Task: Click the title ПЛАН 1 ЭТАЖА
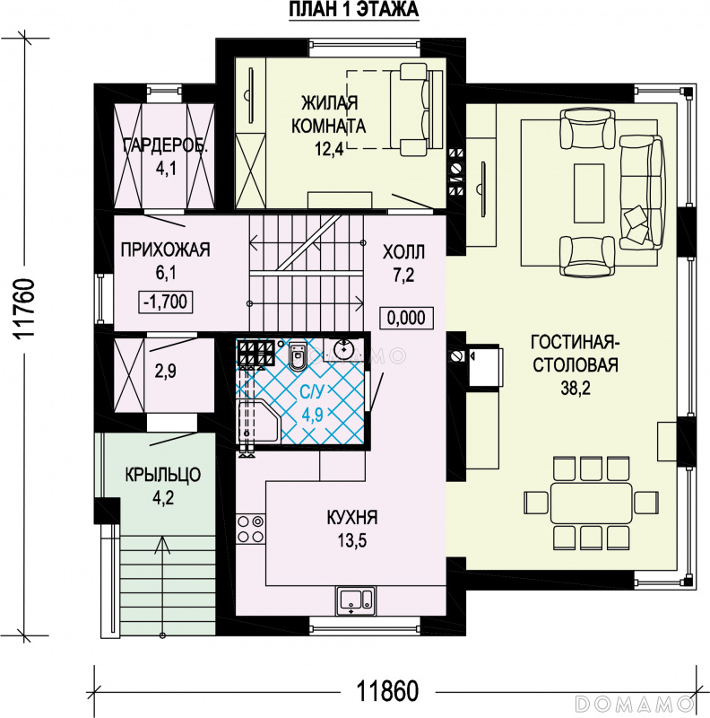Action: tap(353, 10)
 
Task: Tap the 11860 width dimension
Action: tap(387, 691)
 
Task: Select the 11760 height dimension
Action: tap(24, 310)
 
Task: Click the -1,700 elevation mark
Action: tap(165, 302)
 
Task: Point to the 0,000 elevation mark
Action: tap(406, 318)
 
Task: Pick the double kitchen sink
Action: tap(356, 600)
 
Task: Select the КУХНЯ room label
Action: tap(352, 518)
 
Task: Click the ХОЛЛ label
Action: tap(403, 252)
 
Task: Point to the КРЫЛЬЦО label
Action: tap(163, 475)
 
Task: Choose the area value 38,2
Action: tap(576, 389)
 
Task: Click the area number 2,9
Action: tap(166, 372)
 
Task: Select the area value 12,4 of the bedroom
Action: tap(329, 148)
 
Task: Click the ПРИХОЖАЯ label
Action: tap(165, 250)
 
